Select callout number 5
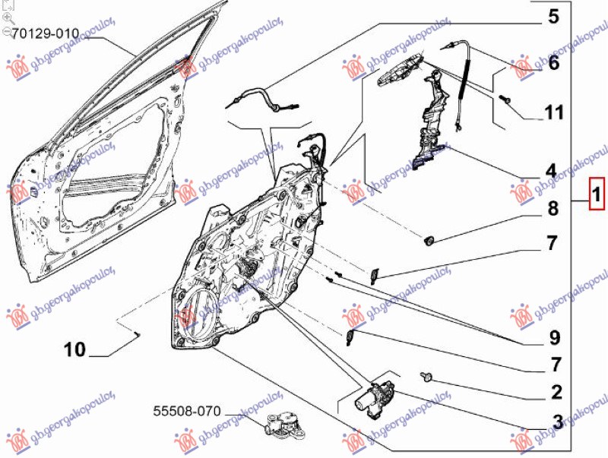pos(552,17)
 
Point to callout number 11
pos(553,114)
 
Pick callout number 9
pos(553,336)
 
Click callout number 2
pos(556,392)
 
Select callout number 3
pos(556,422)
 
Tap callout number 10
pos(75,350)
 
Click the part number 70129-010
pos(46,33)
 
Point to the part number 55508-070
pos(186,412)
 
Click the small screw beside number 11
pos(505,99)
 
